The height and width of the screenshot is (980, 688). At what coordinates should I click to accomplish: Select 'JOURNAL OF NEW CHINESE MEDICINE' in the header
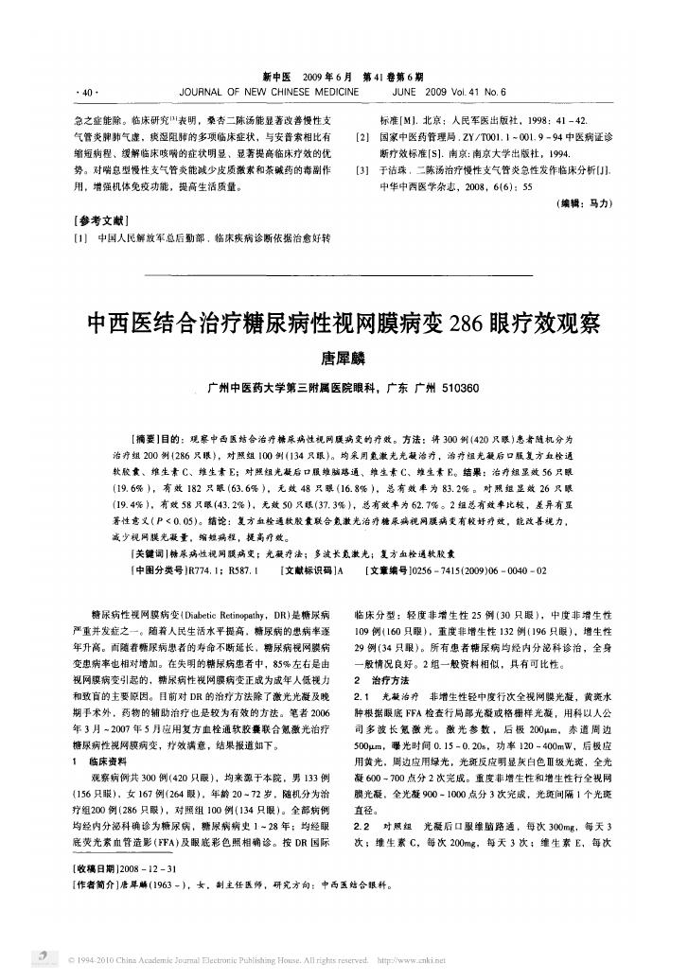tap(269, 93)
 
